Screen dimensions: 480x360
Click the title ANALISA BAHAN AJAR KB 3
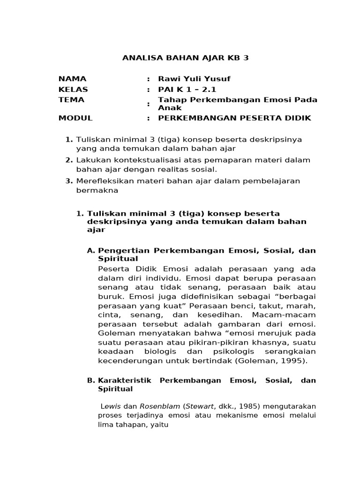pyautogui.click(x=185, y=58)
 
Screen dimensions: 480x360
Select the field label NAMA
pyautogui.click(x=72, y=79)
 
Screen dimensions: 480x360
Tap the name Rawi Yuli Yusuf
pyautogui.click(x=194, y=79)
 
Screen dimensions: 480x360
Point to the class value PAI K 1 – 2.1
pyautogui.click(x=187, y=90)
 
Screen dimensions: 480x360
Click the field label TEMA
pyautogui.click(x=71, y=100)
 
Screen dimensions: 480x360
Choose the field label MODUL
pyautogui.click(x=75, y=118)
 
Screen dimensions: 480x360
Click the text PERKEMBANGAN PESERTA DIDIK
pyautogui.click(x=234, y=118)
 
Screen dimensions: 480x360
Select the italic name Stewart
pyautogui.click(x=198, y=406)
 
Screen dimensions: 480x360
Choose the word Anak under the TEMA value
pyautogui.click(x=167, y=108)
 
